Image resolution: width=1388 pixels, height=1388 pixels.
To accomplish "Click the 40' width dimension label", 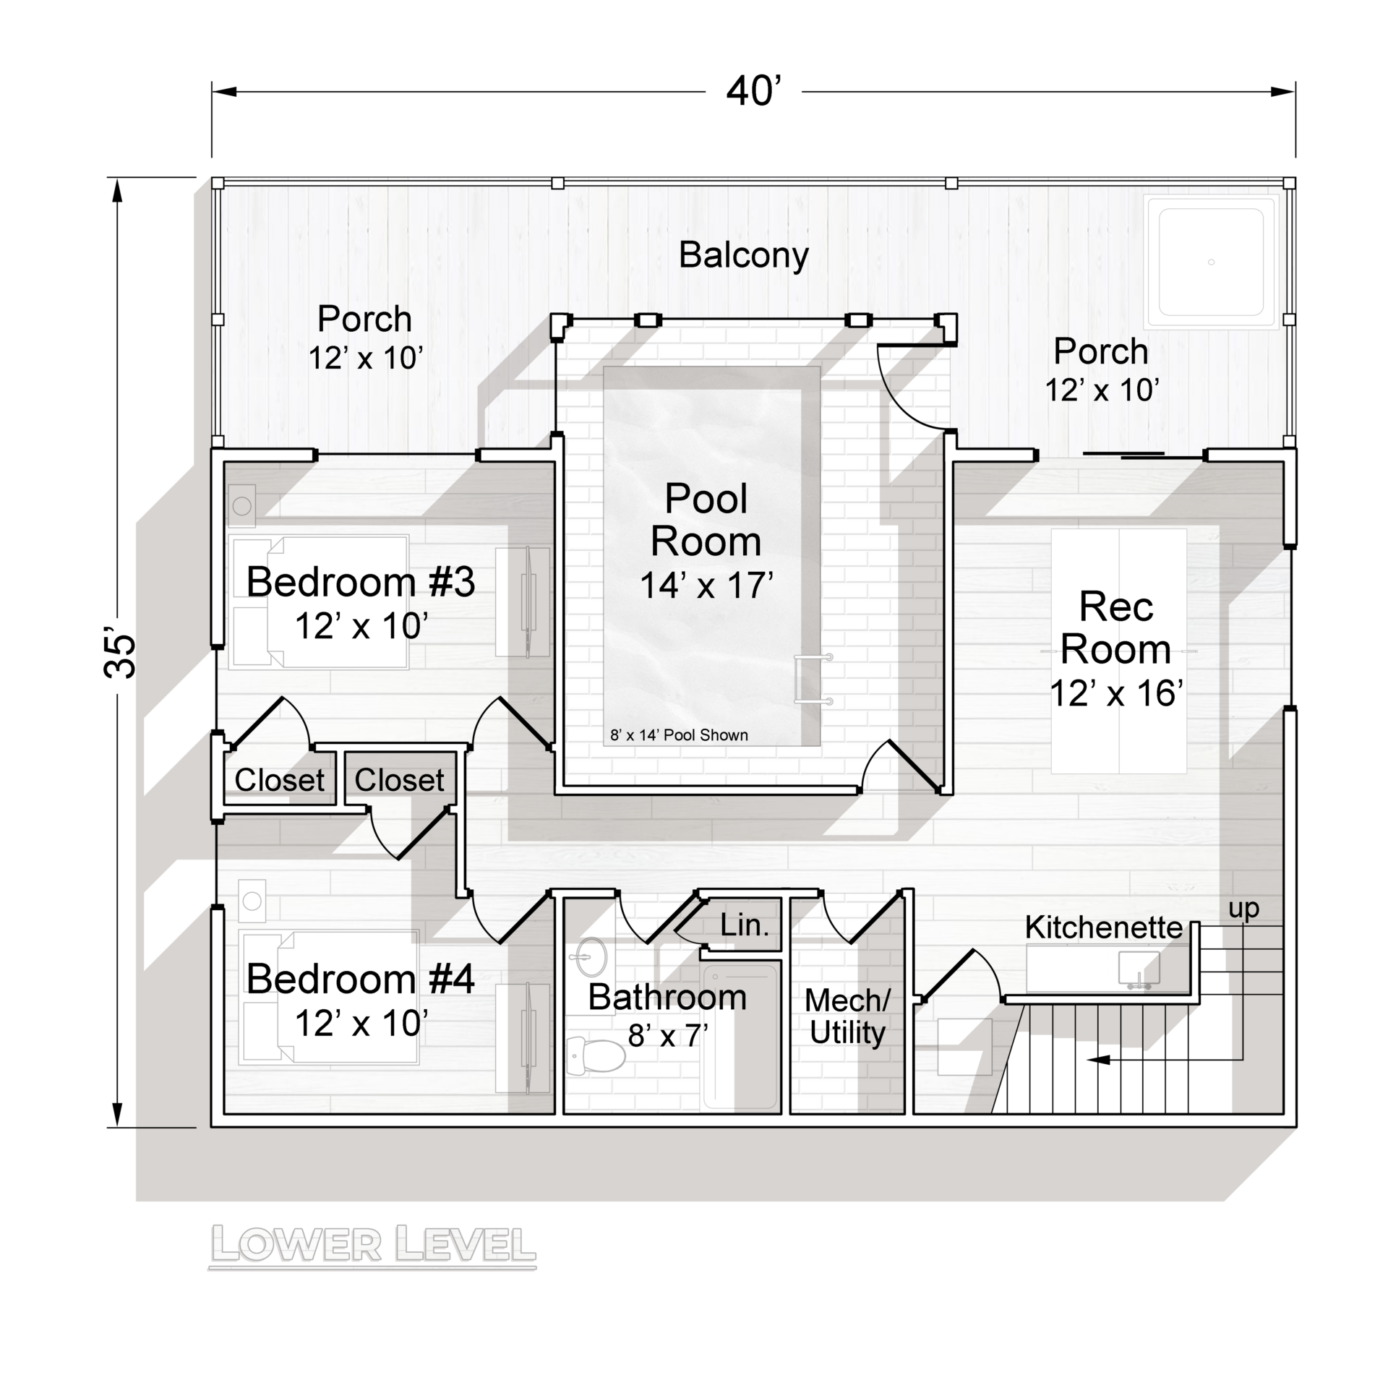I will pyautogui.click(x=753, y=92).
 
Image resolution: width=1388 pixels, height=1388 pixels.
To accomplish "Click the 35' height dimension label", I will pyautogui.click(x=120, y=656).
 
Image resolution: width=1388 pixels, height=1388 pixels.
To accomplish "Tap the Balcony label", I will pyautogui.click(x=743, y=255).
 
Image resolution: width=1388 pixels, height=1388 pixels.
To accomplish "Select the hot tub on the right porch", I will pyautogui.click(x=1211, y=262).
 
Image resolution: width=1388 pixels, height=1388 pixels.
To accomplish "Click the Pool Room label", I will pyautogui.click(x=706, y=520).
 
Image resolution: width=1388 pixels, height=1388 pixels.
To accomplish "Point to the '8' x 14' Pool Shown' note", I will pyautogui.click(x=679, y=735).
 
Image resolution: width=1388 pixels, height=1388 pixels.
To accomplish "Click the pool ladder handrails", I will pyautogui.click(x=813, y=679).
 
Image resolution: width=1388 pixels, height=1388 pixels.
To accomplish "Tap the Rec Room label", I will pyautogui.click(x=1115, y=627).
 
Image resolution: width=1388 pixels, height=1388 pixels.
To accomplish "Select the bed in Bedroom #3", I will pyautogui.click(x=318, y=601).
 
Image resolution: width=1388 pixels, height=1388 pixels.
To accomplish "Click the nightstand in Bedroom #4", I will pyautogui.click(x=252, y=901).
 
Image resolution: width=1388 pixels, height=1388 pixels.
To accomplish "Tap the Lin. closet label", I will pyautogui.click(x=744, y=925).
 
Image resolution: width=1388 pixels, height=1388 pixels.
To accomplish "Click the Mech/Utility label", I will pyautogui.click(x=847, y=1016).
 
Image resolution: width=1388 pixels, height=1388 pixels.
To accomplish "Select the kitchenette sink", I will pyautogui.click(x=1139, y=968).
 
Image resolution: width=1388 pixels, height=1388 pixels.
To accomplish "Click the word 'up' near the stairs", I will pyautogui.click(x=1243, y=909).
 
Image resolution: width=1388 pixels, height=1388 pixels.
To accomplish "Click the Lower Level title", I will pyautogui.click(x=372, y=1243).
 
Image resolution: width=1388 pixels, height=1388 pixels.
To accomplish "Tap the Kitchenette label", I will pyautogui.click(x=1103, y=928).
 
